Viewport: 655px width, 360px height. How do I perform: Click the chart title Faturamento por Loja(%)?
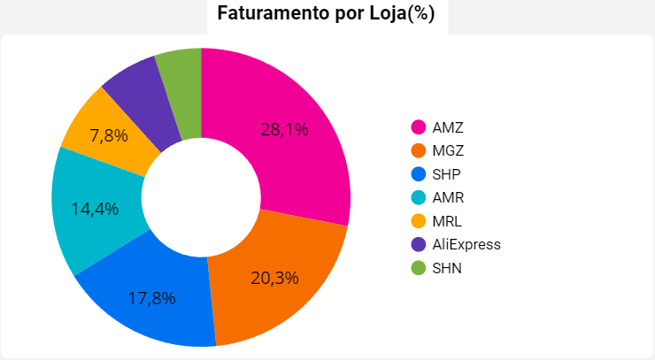[x=326, y=15]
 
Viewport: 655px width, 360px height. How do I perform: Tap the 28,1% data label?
[x=284, y=129]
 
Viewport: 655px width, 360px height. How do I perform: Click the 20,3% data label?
[x=274, y=278]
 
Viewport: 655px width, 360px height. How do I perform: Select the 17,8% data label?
[x=151, y=298]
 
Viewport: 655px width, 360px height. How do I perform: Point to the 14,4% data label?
[x=95, y=210]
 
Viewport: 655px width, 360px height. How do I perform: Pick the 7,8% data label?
[x=109, y=135]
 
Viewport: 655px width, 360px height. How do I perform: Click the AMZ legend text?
[x=448, y=127]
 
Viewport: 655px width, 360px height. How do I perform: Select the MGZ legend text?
[x=448, y=150]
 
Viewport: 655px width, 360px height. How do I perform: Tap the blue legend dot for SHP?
[x=419, y=174]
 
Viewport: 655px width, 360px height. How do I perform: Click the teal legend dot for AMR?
[x=419, y=197]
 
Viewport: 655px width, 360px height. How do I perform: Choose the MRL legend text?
[x=447, y=221]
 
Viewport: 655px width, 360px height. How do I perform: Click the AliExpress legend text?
[x=466, y=244]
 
